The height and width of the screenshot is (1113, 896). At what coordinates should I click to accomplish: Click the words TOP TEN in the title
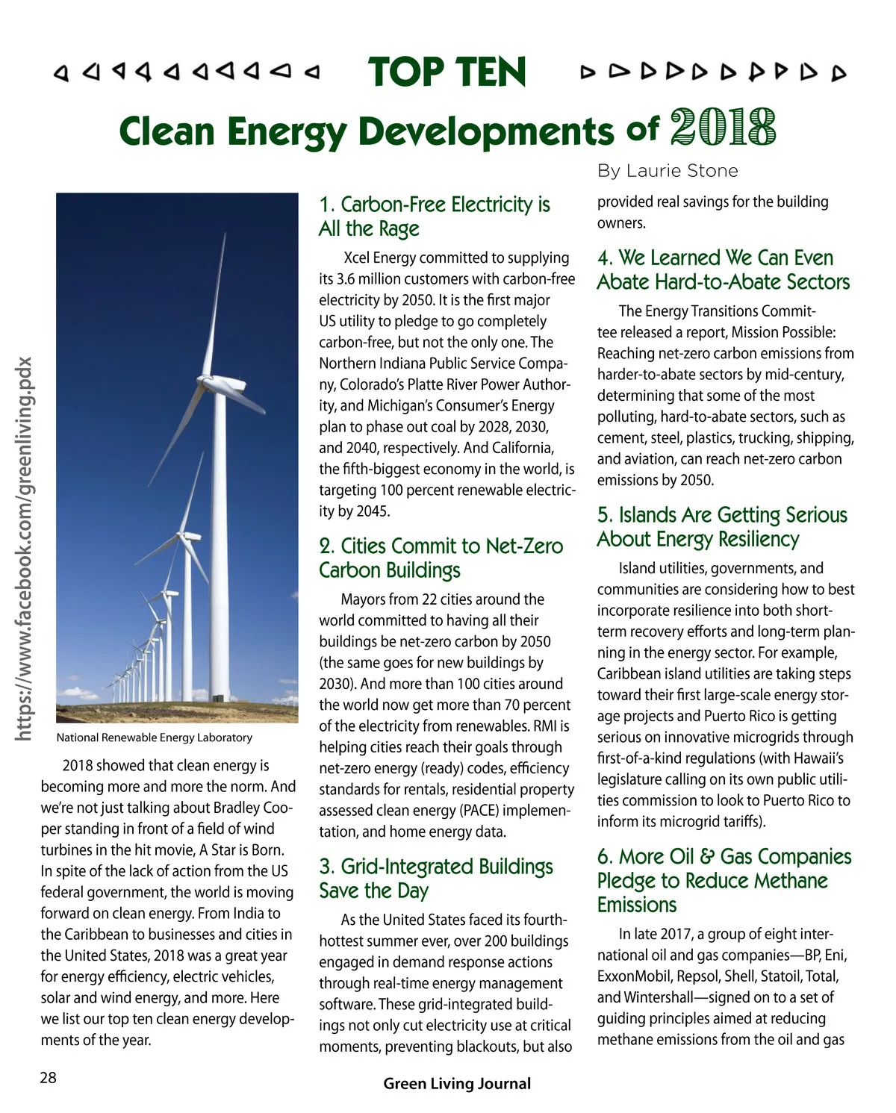tap(447, 72)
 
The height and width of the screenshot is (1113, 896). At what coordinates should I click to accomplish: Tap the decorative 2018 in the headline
tap(723, 128)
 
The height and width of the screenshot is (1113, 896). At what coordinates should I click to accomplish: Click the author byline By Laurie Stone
tap(667, 171)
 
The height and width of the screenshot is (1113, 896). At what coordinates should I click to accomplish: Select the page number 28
tap(48, 1077)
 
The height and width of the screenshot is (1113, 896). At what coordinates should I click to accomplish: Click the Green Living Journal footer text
tap(457, 1083)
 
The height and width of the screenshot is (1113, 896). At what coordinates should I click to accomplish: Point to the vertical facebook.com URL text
tap(25, 549)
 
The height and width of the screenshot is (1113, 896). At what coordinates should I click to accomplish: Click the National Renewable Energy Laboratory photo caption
tap(154, 738)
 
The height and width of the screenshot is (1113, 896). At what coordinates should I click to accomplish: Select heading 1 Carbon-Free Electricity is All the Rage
tap(435, 216)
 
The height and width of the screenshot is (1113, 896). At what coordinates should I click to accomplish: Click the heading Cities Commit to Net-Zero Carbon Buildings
tap(441, 558)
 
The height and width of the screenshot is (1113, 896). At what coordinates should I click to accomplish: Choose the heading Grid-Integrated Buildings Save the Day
tap(436, 878)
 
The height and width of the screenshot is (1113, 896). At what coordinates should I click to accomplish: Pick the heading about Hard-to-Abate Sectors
tap(723, 269)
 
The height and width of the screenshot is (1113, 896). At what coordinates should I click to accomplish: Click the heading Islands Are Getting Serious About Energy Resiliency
tap(722, 526)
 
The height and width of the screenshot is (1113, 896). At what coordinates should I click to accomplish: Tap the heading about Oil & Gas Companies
tap(724, 880)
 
